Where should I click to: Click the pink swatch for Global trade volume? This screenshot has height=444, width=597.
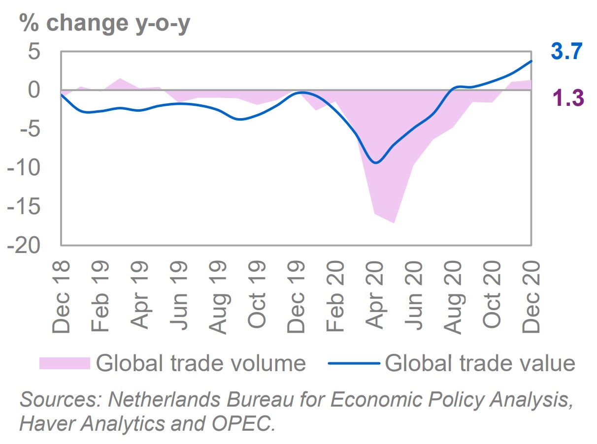(x=65, y=363)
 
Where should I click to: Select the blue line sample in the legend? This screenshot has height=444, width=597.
(x=353, y=363)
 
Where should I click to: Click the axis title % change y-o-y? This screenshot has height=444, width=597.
(x=104, y=23)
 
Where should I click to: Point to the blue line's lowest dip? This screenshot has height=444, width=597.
(x=376, y=162)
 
